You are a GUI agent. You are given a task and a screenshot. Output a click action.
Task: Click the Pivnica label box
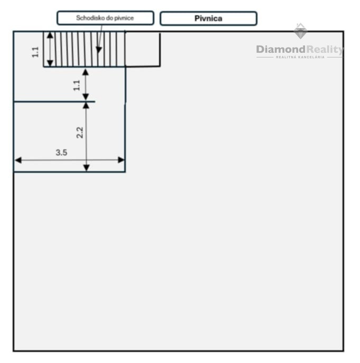(x=208, y=18)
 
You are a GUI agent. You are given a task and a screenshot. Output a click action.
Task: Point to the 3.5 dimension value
(x=61, y=153)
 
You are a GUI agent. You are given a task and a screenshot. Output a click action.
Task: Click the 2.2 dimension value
(x=80, y=133)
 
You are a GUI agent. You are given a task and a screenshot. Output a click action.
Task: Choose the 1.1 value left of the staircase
(x=35, y=52)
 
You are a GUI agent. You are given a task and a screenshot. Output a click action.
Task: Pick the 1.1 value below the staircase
(x=77, y=86)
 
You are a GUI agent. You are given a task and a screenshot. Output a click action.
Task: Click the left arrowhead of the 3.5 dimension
(x=19, y=160)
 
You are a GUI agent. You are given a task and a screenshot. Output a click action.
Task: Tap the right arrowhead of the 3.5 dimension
(x=121, y=160)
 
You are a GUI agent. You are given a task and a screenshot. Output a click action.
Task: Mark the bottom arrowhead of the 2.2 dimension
(x=86, y=167)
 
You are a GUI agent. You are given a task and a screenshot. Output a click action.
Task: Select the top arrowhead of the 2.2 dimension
(x=86, y=106)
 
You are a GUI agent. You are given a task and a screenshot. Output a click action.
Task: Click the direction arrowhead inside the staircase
(x=99, y=50)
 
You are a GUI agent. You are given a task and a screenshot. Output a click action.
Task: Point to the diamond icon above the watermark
(x=300, y=31)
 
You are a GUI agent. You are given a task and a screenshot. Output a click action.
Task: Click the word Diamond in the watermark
(x=281, y=49)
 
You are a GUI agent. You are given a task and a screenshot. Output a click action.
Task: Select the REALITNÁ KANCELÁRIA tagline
(x=300, y=57)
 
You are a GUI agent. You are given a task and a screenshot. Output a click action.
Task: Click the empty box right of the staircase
(x=143, y=49)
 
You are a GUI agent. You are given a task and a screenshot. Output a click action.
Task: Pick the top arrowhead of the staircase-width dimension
(x=50, y=35)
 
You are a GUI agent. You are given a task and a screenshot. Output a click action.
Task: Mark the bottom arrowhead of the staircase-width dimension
(x=50, y=63)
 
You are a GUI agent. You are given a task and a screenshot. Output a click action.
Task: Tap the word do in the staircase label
(x=109, y=18)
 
